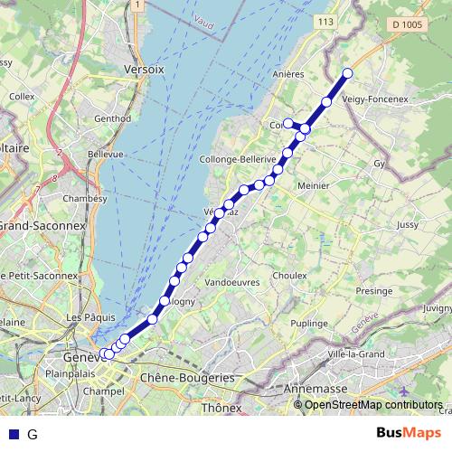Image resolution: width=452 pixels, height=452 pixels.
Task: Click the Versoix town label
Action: tap(145, 69)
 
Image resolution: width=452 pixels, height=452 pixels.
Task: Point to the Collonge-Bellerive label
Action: tap(237, 158)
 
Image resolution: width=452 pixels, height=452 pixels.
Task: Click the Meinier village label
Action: tap(312, 185)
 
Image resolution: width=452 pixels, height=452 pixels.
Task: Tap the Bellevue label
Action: tap(105, 155)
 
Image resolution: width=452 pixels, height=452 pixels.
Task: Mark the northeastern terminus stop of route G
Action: tap(347, 73)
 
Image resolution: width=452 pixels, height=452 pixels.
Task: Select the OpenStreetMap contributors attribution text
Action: tap(373, 404)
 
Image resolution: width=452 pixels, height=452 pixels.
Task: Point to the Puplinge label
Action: tap(310, 323)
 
